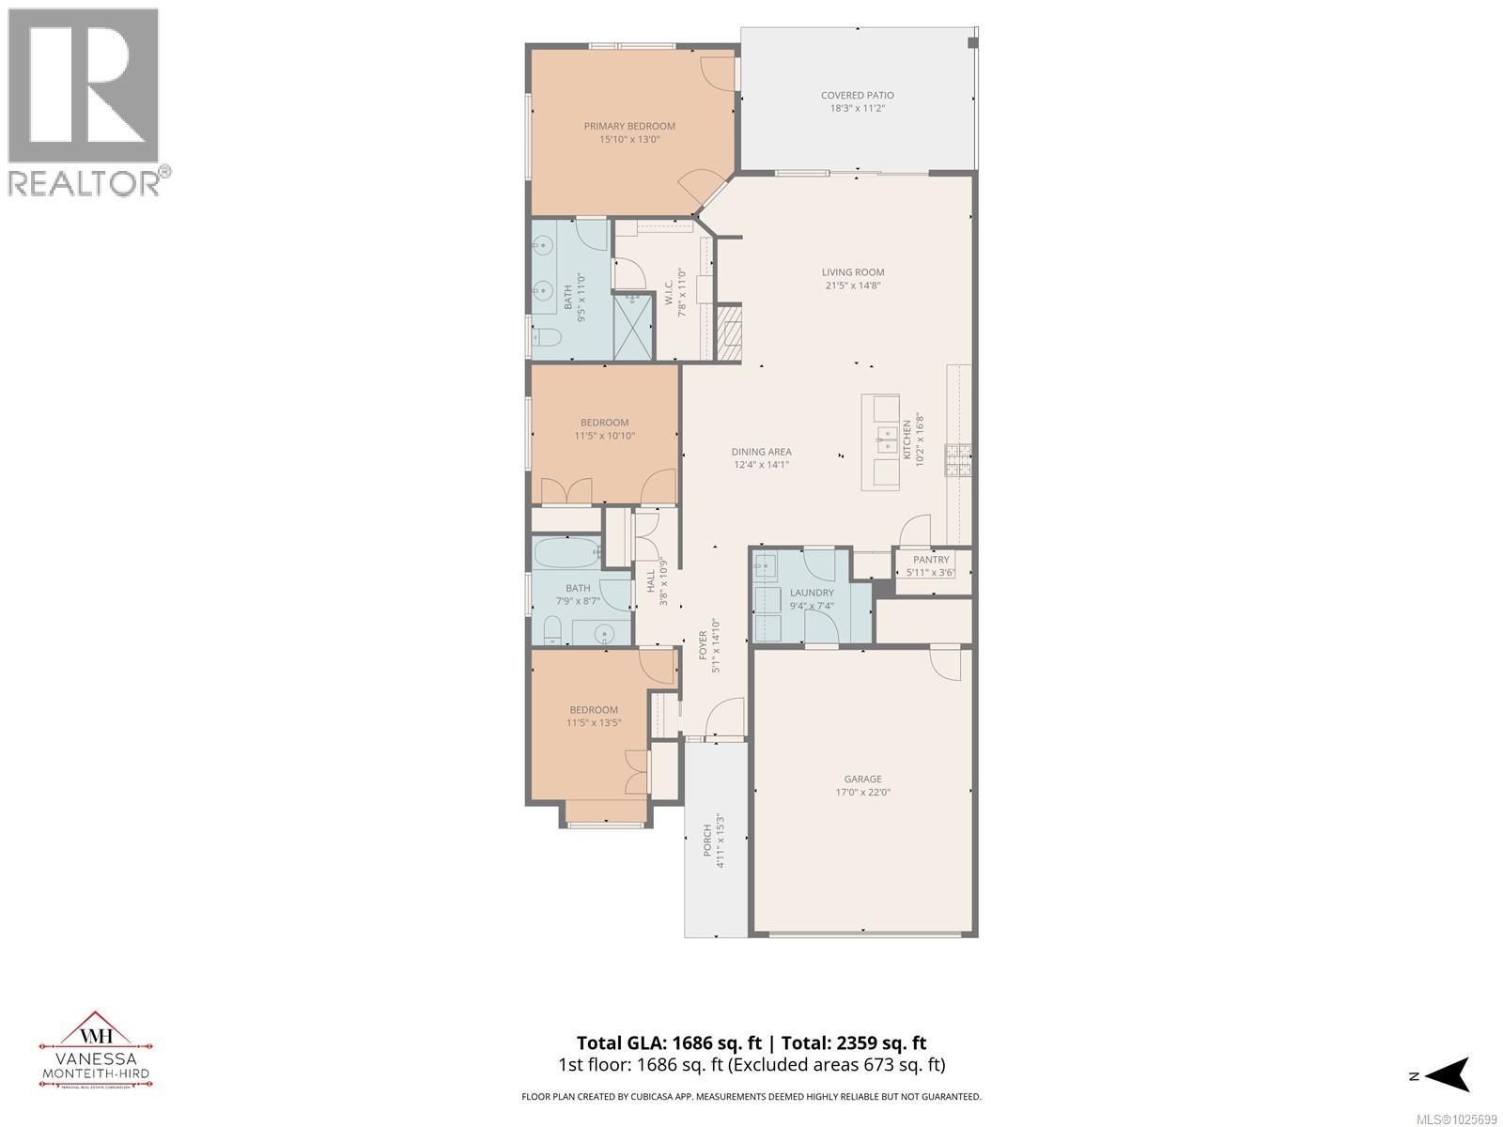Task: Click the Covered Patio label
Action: pyautogui.click(x=857, y=95)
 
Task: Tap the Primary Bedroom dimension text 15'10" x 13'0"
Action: pyautogui.click(x=629, y=139)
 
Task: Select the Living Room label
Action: pyautogui.click(x=853, y=272)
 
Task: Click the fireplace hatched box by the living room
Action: pyautogui.click(x=729, y=332)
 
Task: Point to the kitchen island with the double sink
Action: pyautogui.click(x=881, y=441)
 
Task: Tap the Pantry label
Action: pyautogui.click(x=931, y=560)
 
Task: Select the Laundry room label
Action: pyautogui.click(x=812, y=593)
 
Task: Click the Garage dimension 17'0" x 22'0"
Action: pyautogui.click(x=862, y=792)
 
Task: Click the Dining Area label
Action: pyautogui.click(x=762, y=452)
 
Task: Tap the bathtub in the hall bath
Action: pyautogui.click(x=567, y=553)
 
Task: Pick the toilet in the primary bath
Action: pyautogui.click(x=546, y=338)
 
